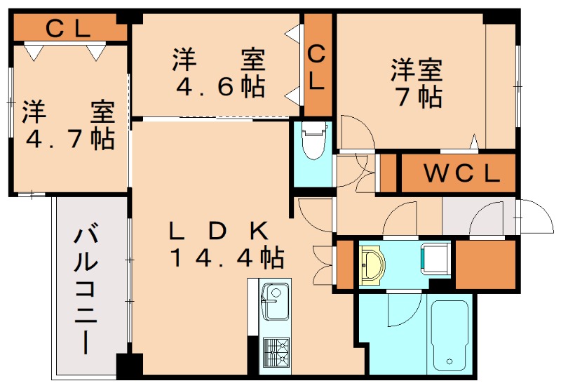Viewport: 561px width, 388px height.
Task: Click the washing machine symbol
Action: pos(433,259)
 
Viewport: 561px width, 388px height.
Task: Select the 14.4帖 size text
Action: pos(225,258)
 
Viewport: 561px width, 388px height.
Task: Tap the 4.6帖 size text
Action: pos(219,87)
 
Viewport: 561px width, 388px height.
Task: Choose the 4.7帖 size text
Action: pos(69,138)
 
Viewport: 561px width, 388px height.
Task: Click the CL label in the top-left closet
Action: pos(68,29)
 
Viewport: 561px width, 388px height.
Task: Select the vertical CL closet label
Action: pos(317,66)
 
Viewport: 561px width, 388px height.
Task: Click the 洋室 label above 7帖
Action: pos(417,70)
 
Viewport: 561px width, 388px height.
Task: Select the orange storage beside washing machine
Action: pos(485,265)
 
